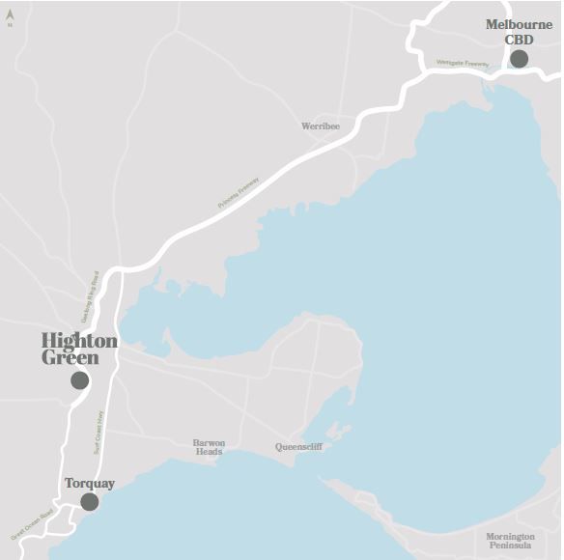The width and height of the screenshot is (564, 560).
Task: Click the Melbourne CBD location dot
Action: (519, 59)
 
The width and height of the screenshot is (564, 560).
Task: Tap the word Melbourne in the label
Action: (519, 24)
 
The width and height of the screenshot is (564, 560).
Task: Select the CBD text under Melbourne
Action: (519, 40)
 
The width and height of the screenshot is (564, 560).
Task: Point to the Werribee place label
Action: (321, 126)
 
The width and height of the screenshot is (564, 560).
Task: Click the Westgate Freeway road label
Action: (463, 64)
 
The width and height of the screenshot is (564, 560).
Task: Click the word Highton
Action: (79, 341)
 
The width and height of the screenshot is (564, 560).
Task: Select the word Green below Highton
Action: (70, 358)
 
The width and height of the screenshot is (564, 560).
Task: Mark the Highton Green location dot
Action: (80, 380)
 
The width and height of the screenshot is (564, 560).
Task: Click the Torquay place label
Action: (90, 483)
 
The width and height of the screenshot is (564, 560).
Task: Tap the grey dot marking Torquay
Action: (90, 501)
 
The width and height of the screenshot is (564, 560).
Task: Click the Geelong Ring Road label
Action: (89, 296)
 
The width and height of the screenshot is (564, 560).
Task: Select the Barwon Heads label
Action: (209, 447)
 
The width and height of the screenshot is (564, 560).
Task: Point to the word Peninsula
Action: (511, 546)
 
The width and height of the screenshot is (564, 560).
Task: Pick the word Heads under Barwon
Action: (209, 452)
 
